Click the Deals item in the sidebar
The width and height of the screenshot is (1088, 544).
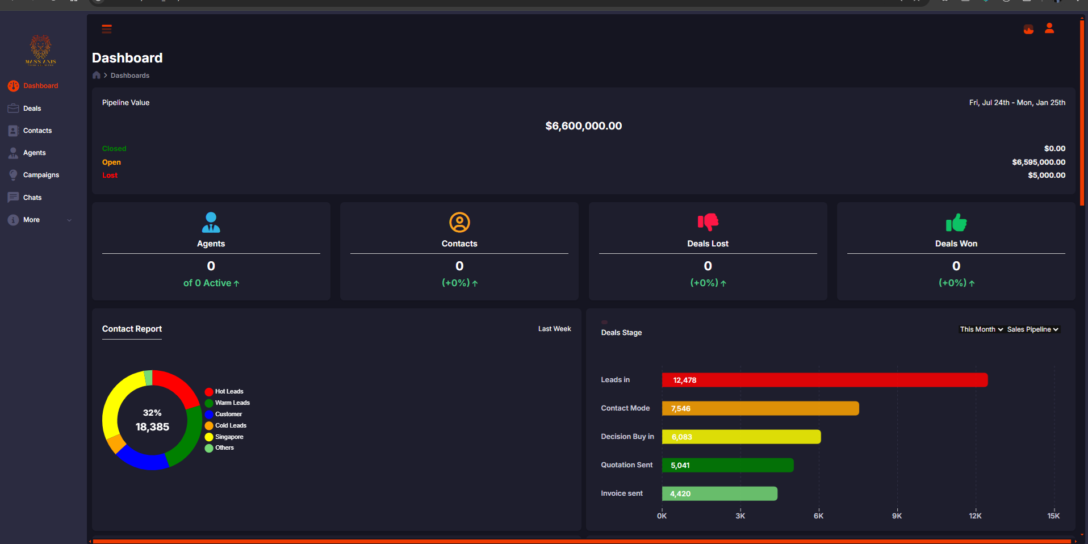coord(32,108)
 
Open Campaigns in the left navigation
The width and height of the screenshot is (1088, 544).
coord(41,175)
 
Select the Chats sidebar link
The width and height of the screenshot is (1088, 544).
coord(32,198)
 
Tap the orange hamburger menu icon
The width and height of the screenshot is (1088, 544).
coord(107,29)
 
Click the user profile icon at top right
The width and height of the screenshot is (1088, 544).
coord(1049,28)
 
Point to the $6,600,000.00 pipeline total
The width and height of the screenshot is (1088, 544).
coord(583,126)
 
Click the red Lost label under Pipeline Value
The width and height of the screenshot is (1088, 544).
coord(110,175)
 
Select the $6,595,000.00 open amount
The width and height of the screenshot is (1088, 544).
coord(1038,162)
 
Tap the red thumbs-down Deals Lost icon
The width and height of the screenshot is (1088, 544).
coord(708,222)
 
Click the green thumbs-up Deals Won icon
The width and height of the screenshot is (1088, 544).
coord(956,223)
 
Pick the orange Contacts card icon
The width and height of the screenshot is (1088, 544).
coord(459,223)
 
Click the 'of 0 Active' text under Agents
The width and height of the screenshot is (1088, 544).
coord(211,283)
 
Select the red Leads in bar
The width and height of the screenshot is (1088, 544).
coord(825,380)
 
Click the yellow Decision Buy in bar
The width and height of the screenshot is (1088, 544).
coord(741,437)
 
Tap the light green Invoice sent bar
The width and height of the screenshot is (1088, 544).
coord(719,493)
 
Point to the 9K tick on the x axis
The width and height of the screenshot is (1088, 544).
coord(897,516)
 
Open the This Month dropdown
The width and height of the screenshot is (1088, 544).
coord(981,329)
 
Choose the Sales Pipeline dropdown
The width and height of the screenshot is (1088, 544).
coord(1032,329)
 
